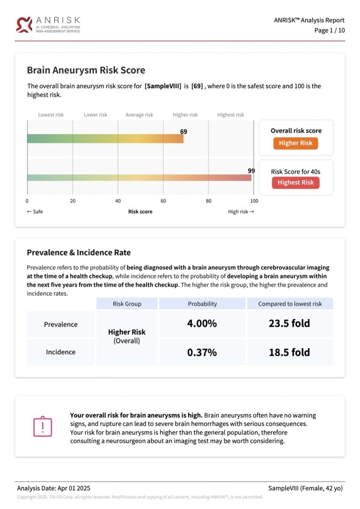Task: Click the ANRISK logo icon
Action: [24, 24]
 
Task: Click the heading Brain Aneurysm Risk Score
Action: [86, 70]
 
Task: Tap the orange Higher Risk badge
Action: [295, 143]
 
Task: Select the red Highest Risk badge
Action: [295, 182]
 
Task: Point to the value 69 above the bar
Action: [184, 132]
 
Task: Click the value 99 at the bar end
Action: [251, 171]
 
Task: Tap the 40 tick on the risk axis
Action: [118, 201]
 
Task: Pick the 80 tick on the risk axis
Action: [209, 201]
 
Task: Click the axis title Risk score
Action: [140, 211]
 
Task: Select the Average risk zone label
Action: [139, 115]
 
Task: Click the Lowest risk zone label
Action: [51, 115]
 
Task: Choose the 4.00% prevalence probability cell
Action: [202, 323]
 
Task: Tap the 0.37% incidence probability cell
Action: [202, 352]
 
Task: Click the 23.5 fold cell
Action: [289, 323]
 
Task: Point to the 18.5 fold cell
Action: [289, 352]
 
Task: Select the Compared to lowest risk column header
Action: [290, 304]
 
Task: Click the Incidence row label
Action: [61, 352]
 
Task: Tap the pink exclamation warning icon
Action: [42, 426]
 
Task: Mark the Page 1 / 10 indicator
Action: [329, 30]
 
